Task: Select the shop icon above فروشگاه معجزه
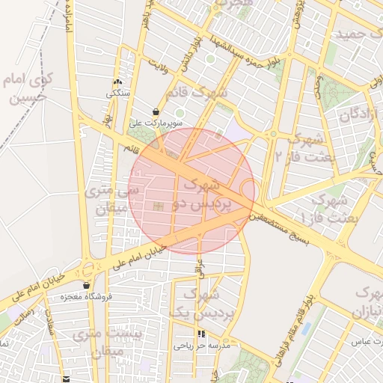88,285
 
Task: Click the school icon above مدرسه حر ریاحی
200,334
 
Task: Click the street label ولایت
160,67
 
